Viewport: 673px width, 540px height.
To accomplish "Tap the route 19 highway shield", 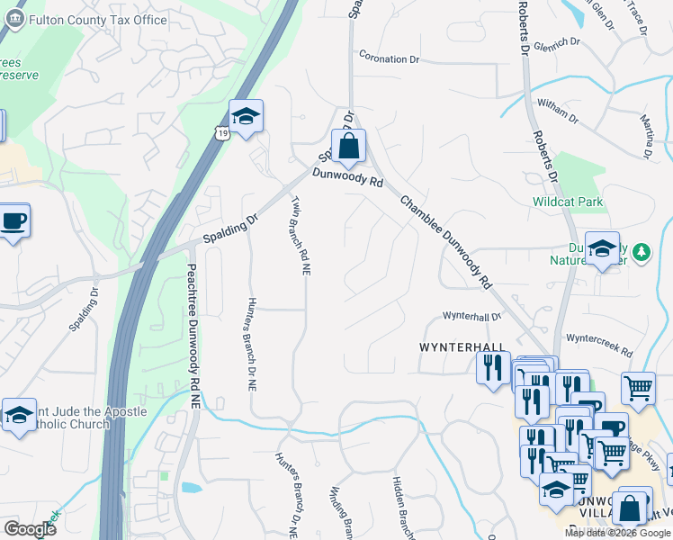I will point(221,132).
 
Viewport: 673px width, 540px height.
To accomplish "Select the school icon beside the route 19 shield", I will point(245,117).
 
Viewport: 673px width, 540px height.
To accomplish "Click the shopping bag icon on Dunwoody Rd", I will point(348,146).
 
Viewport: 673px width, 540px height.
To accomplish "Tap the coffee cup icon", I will point(13,220).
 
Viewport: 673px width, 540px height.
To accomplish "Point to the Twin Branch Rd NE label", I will point(300,234).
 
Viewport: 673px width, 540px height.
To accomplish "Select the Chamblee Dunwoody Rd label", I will point(446,241).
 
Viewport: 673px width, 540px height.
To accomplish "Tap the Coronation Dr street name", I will point(390,59).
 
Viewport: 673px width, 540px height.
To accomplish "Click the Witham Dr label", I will point(558,111).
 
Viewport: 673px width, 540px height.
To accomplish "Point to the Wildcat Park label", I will point(568,202).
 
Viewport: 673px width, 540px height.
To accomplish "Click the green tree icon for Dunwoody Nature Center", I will point(641,251).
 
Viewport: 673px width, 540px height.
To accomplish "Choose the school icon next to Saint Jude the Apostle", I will point(19,415).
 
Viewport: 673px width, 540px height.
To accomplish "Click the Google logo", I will point(30,529).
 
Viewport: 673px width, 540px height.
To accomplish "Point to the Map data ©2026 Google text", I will point(616,533).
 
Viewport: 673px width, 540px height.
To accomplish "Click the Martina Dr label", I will point(645,134).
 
